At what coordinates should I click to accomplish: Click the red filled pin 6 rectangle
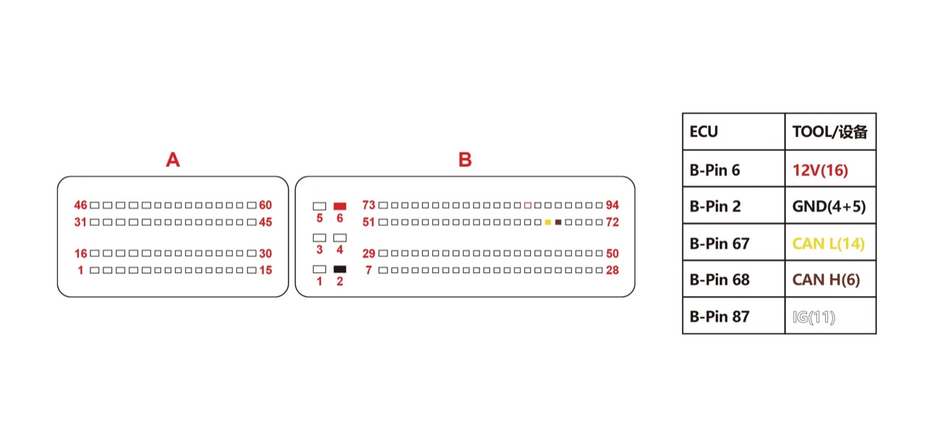click(x=340, y=206)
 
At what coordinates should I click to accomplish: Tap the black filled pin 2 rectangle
click(x=340, y=269)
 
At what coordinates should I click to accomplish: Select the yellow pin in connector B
click(x=547, y=222)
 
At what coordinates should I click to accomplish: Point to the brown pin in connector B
click(x=558, y=222)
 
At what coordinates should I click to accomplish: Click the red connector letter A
click(x=173, y=160)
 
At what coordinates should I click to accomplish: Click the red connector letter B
click(x=465, y=160)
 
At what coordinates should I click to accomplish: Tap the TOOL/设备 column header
click(x=829, y=131)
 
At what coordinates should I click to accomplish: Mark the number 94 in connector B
click(x=612, y=205)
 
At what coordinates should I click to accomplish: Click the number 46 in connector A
click(x=80, y=205)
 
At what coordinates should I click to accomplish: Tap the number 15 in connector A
click(x=265, y=270)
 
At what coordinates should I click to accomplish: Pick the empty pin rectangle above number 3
click(x=320, y=238)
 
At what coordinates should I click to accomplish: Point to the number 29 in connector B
click(x=369, y=253)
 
